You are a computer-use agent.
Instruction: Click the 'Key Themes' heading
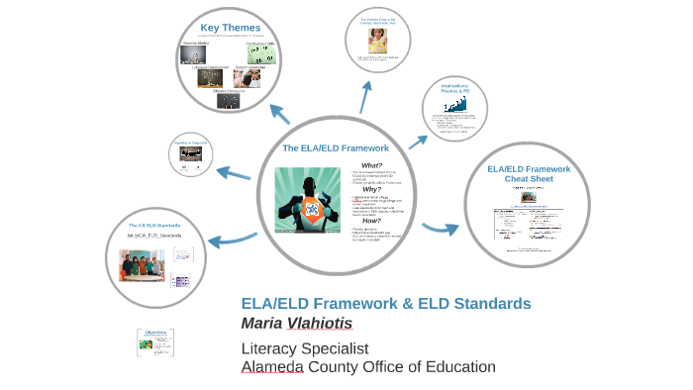pos(230,28)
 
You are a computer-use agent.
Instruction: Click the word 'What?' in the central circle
pos(371,165)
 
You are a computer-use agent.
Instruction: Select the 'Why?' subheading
pos(371,189)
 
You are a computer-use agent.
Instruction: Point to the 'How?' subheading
pos(371,220)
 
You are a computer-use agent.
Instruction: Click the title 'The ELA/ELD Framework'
pos(336,147)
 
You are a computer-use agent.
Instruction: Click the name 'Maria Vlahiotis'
pos(296,324)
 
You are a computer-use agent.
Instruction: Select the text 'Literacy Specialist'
pos(305,348)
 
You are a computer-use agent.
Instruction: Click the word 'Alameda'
pos(275,367)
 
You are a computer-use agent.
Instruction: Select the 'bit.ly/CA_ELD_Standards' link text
pos(152,236)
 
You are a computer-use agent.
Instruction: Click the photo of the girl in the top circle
pos(378,41)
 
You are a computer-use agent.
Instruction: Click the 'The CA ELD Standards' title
pos(152,225)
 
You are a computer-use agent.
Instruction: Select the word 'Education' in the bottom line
pos(453,367)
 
